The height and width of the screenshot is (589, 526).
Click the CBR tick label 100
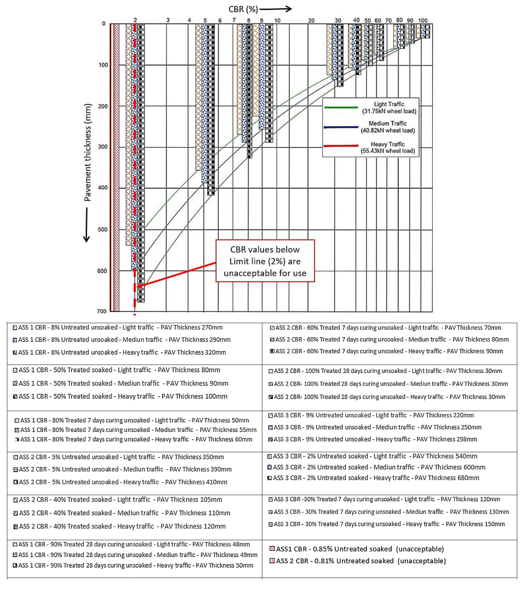click(x=423, y=21)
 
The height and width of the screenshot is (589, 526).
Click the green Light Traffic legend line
click(x=341, y=108)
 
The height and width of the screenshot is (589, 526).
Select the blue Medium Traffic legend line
click(x=341, y=127)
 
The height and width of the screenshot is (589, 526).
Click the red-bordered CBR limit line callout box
click(x=265, y=261)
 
